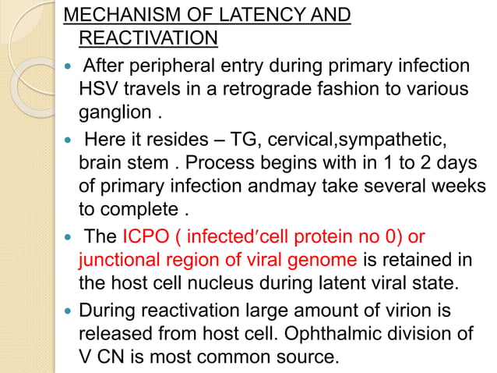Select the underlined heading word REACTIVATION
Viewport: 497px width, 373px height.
tap(148, 37)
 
